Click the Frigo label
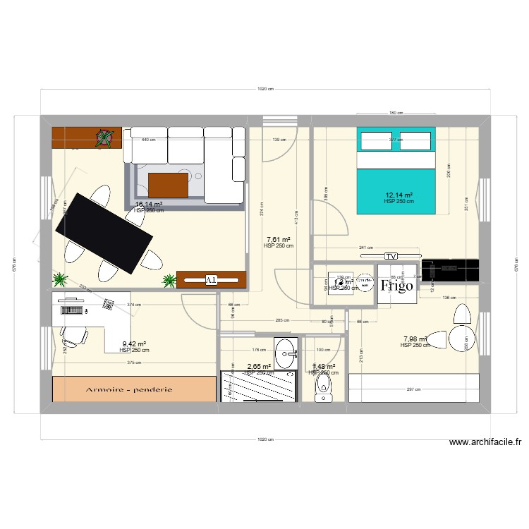396,286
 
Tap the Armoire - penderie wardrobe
133,389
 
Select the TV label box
391,255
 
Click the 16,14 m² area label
149,205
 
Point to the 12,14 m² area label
399,195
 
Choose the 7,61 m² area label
278,240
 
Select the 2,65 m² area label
259,367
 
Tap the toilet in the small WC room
323,386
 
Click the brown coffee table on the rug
169,185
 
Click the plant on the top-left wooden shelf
104,138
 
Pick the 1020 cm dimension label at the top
265,90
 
